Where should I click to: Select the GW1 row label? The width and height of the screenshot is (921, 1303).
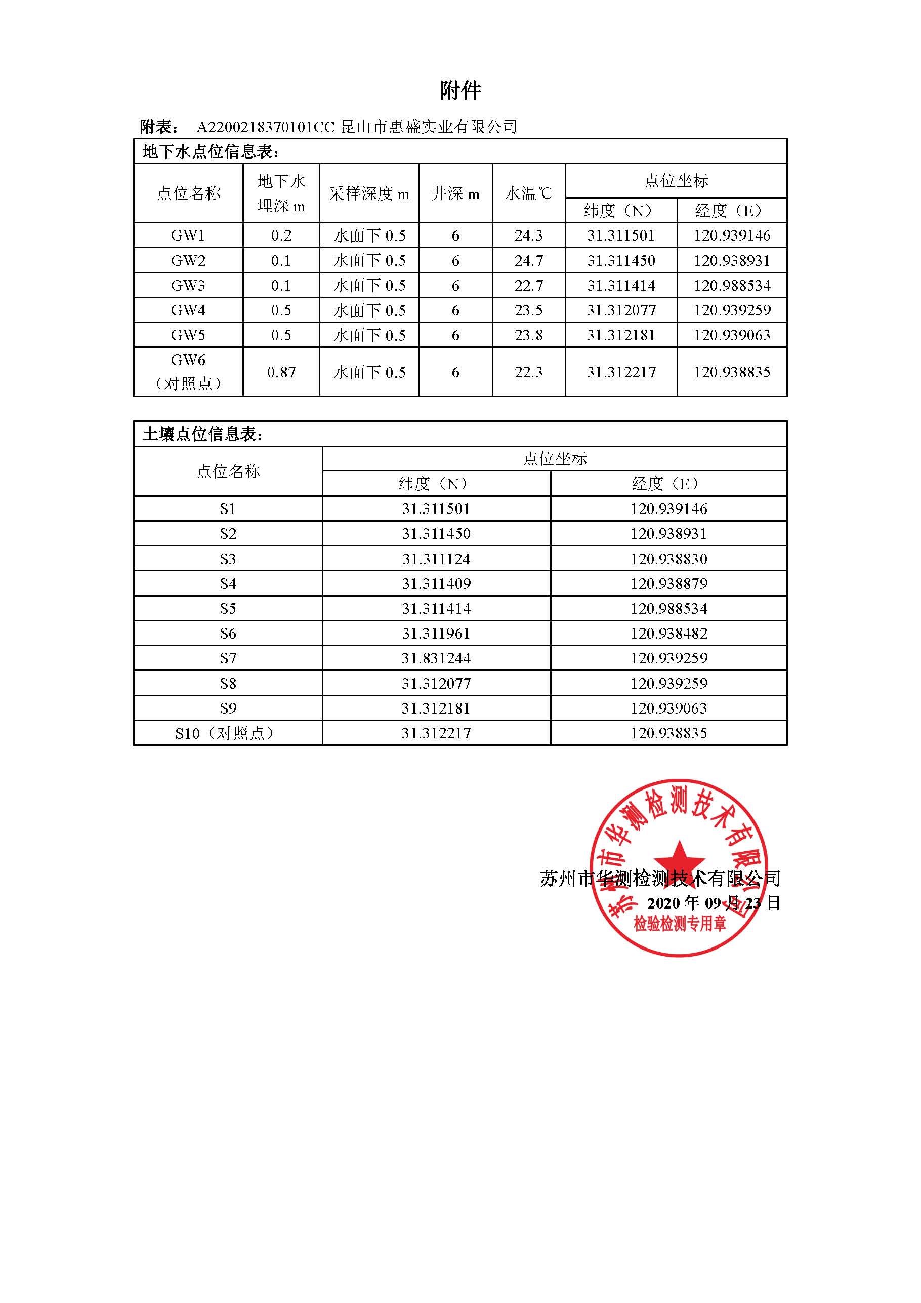coord(188,235)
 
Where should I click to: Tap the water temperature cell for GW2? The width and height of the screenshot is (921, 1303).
coord(528,261)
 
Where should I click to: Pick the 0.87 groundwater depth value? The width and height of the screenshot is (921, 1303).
coord(281,372)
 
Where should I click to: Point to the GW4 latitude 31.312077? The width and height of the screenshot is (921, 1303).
coord(621,310)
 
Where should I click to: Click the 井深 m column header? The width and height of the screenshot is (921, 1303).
coord(455,193)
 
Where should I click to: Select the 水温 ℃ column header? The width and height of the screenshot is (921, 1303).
coord(528,193)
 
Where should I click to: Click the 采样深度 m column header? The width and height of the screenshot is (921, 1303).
coord(369,193)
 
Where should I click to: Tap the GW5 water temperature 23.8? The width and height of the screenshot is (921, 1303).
coord(528,335)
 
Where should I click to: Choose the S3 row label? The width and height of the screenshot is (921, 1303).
coord(228,559)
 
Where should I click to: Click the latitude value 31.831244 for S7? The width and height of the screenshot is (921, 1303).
coord(436,658)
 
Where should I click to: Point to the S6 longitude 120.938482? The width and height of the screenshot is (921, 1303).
coord(668,634)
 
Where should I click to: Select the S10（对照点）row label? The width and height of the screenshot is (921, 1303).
coord(228,733)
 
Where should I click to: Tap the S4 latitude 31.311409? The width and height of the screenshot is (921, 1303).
coord(436,584)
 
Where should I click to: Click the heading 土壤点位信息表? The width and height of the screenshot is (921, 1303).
coord(203,435)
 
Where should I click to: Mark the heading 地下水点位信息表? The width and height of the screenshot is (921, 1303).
coord(211,152)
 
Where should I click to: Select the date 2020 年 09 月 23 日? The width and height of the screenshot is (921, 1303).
coord(714,903)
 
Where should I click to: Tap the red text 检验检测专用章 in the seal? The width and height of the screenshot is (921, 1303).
coord(680,924)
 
